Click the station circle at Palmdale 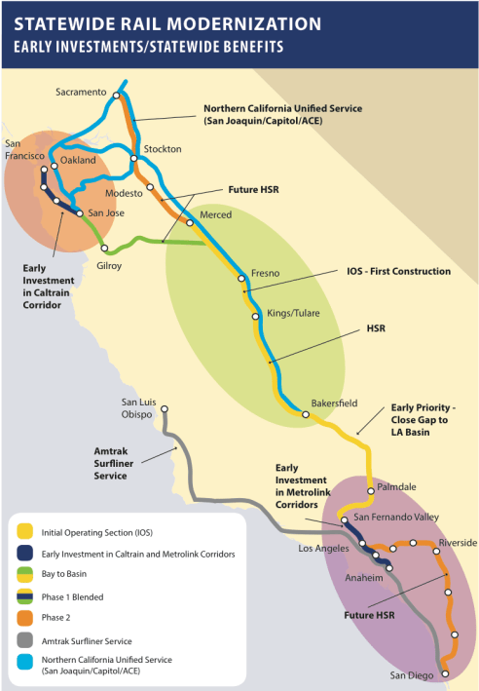click(x=370, y=491)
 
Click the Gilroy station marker click(x=104, y=249)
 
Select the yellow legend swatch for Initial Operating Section click(x=24, y=532)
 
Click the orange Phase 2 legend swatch click(x=24, y=618)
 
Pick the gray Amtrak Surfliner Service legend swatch click(x=24, y=640)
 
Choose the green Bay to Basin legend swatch click(x=24, y=575)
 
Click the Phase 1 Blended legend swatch click(x=24, y=596)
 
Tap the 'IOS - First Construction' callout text click(x=398, y=270)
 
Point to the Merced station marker click(x=190, y=222)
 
